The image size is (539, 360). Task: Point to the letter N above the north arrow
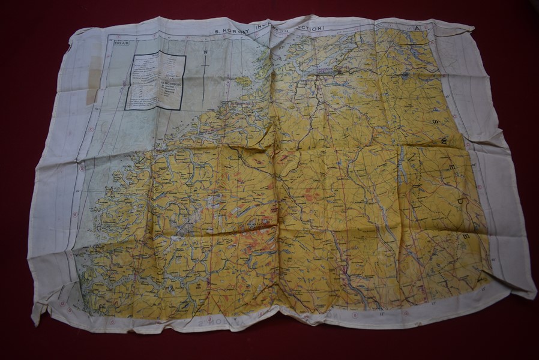coord(205,52)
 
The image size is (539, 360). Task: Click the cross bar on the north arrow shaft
coord(205,64)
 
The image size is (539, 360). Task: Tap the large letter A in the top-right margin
coord(417,29)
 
